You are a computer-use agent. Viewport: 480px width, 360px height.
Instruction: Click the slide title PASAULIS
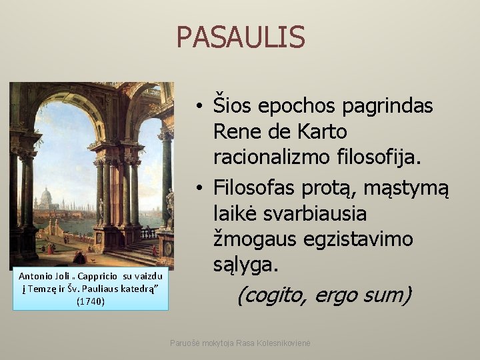[240, 37]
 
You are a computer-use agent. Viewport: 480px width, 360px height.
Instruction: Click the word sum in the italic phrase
[388, 294]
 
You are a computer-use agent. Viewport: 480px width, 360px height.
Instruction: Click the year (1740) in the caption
[91, 301]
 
